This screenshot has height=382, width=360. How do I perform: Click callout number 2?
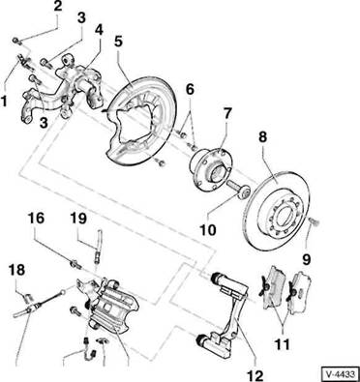tap(57, 7)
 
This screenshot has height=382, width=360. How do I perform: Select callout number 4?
tap(99, 30)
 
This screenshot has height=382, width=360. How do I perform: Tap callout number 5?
tap(119, 43)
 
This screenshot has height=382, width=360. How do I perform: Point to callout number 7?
tap(226, 113)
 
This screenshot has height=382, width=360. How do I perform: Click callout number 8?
tap(263, 136)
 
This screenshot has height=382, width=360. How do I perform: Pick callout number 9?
tap(306, 259)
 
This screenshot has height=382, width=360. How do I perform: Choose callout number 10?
tap(207, 230)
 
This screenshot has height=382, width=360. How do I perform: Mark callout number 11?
tap(283, 343)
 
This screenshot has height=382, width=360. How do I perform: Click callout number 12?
tap(255, 375)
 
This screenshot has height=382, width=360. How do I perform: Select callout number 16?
tap(36, 219)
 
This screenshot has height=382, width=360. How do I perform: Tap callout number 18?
tap(16, 270)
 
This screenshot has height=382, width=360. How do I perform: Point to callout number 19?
tap(78, 219)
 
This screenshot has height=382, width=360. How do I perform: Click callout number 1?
tap(5, 101)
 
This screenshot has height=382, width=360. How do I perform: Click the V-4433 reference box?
tap(341, 374)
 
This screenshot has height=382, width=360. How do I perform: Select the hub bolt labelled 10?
tap(239, 190)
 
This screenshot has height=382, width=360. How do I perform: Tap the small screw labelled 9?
tap(313, 221)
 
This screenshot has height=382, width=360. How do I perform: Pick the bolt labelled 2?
tap(15, 41)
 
